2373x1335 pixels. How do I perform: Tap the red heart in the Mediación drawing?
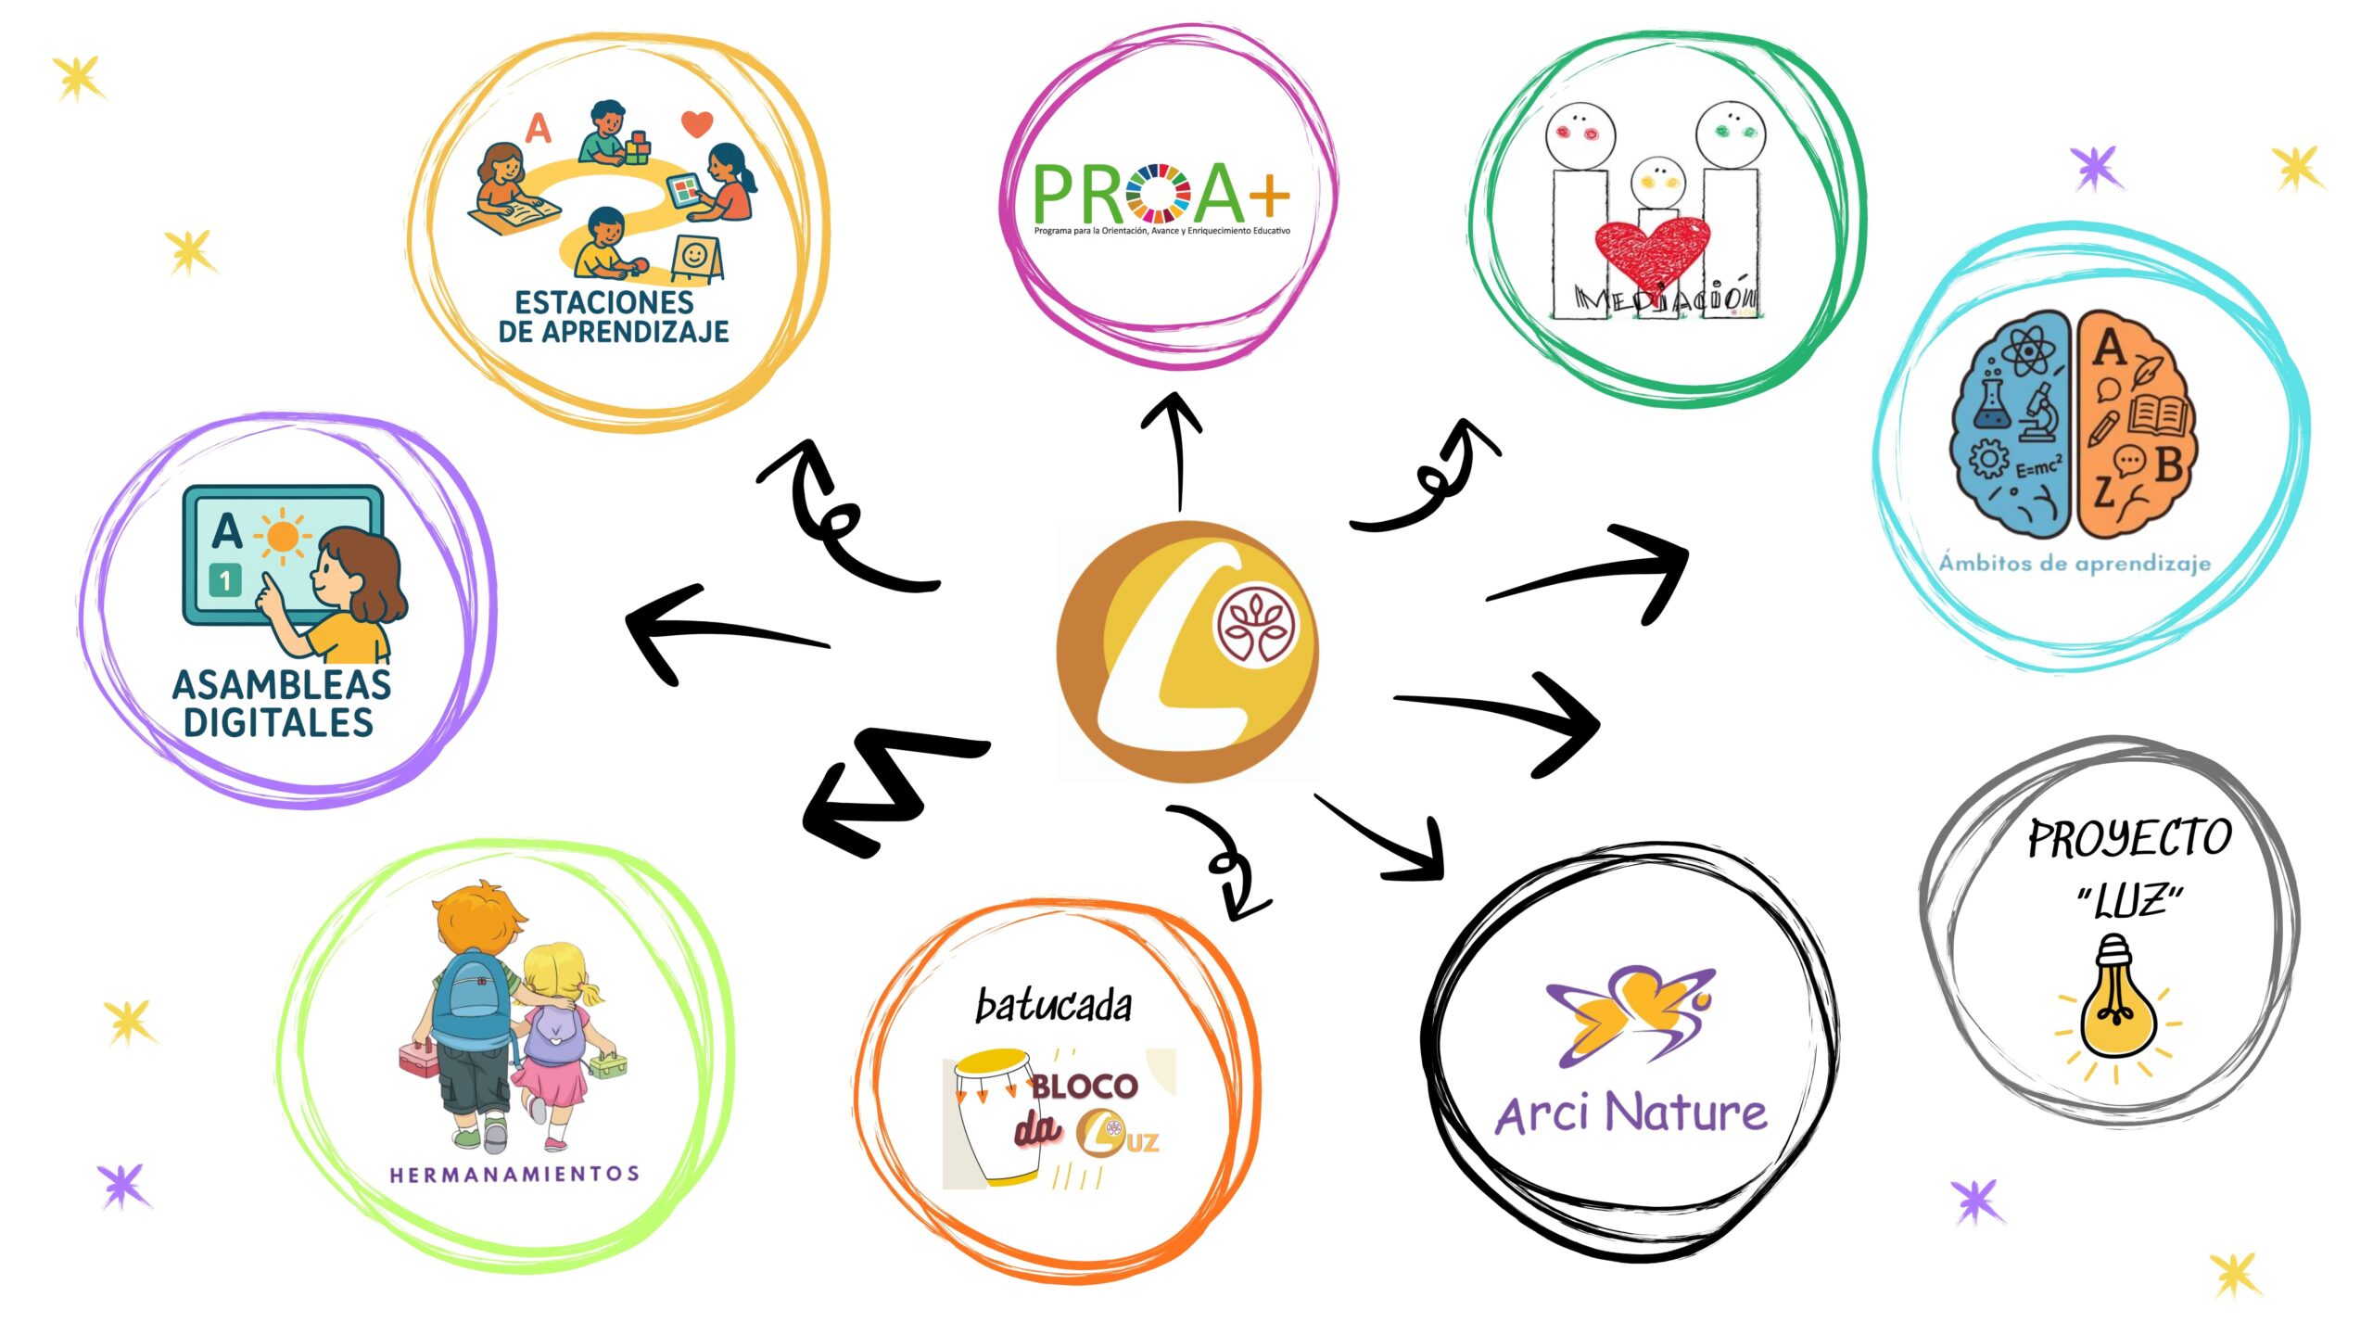click(x=1652, y=248)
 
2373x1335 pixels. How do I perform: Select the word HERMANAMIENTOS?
click(x=514, y=1175)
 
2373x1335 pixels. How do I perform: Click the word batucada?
click(x=1054, y=1006)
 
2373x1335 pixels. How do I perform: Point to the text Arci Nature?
click(x=1631, y=1113)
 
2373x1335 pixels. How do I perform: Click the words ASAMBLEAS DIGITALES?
click(x=281, y=704)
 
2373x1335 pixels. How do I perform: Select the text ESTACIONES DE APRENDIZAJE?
click(x=613, y=317)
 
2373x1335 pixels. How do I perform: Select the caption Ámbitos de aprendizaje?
click(x=2075, y=563)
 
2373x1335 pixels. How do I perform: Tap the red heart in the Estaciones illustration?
click(x=697, y=122)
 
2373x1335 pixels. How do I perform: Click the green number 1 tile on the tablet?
click(x=225, y=580)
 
